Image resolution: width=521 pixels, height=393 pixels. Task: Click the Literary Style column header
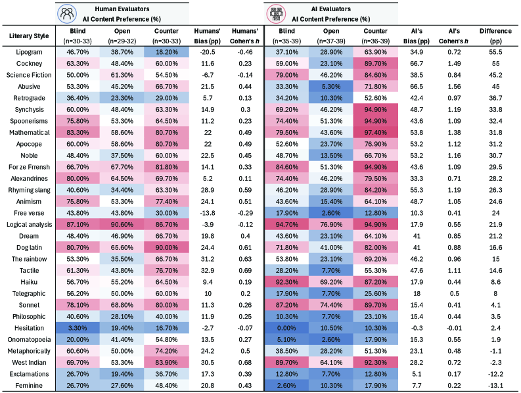tap(26, 35)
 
